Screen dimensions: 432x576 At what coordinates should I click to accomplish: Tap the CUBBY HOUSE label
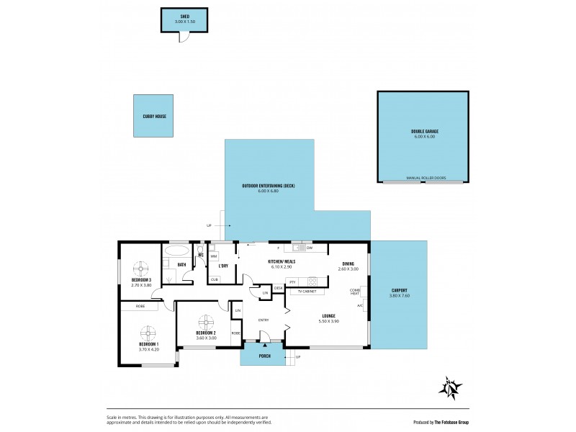click(x=153, y=116)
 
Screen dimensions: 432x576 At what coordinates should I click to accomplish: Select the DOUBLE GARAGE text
click(x=423, y=132)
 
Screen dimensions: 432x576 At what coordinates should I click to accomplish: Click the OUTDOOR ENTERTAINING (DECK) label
click(x=269, y=186)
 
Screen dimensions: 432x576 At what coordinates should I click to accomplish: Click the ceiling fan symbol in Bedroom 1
click(x=148, y=333)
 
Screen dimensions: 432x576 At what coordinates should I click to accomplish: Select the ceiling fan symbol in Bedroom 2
click(x=206, y=321)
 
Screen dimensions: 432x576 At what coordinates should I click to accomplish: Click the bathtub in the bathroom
click(x=176, y=252)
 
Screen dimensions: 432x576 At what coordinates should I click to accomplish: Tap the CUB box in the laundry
click(x=215, y=279)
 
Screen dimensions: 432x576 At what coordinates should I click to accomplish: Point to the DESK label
click(x=278, y=288)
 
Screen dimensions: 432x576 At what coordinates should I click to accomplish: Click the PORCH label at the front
click(x=264, y=356)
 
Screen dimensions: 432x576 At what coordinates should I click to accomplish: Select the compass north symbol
click(x=451, y=387)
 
